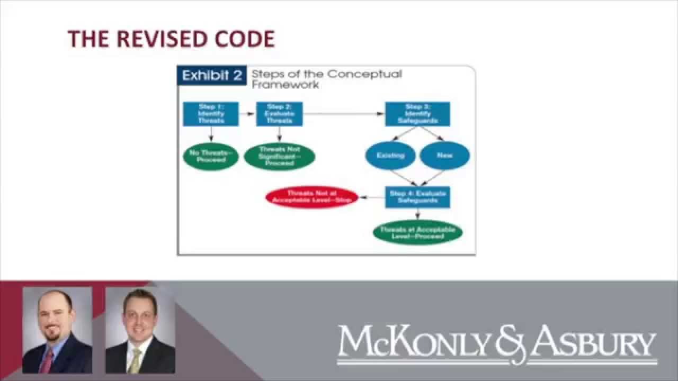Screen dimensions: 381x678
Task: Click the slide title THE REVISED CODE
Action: pyautogui.click(x=171, y=39)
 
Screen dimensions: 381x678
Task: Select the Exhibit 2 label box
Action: pyautogui.click(x=212, y=76)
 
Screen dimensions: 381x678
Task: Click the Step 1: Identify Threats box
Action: pyautogui.click(x=211, y=114)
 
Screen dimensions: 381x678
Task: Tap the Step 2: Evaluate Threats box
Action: pyautogui.click(x=279, y=114)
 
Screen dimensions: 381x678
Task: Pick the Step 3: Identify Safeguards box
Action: pyautogui.click(x=417, y=114)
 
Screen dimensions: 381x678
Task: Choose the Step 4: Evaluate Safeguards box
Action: pyautogui.click(x=417, y=197)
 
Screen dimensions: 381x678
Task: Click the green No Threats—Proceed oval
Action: pyautogui.click(x=211, y=156)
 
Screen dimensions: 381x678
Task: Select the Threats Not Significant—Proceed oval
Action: pyautogui.click(x=279, y=156)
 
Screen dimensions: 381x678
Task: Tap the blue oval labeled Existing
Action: pyautogui.click(x=390, y=156)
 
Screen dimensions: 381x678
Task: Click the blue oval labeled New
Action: pyautogui.click(x=444, y=156)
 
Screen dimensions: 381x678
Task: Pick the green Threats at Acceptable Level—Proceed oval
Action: pyautogui.click(x=417, y=232)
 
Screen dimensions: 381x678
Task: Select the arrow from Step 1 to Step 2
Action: pyautogui.click(x=247, y=114)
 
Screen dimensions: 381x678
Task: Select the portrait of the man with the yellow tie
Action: pyautogui.click(x=140, y=330)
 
